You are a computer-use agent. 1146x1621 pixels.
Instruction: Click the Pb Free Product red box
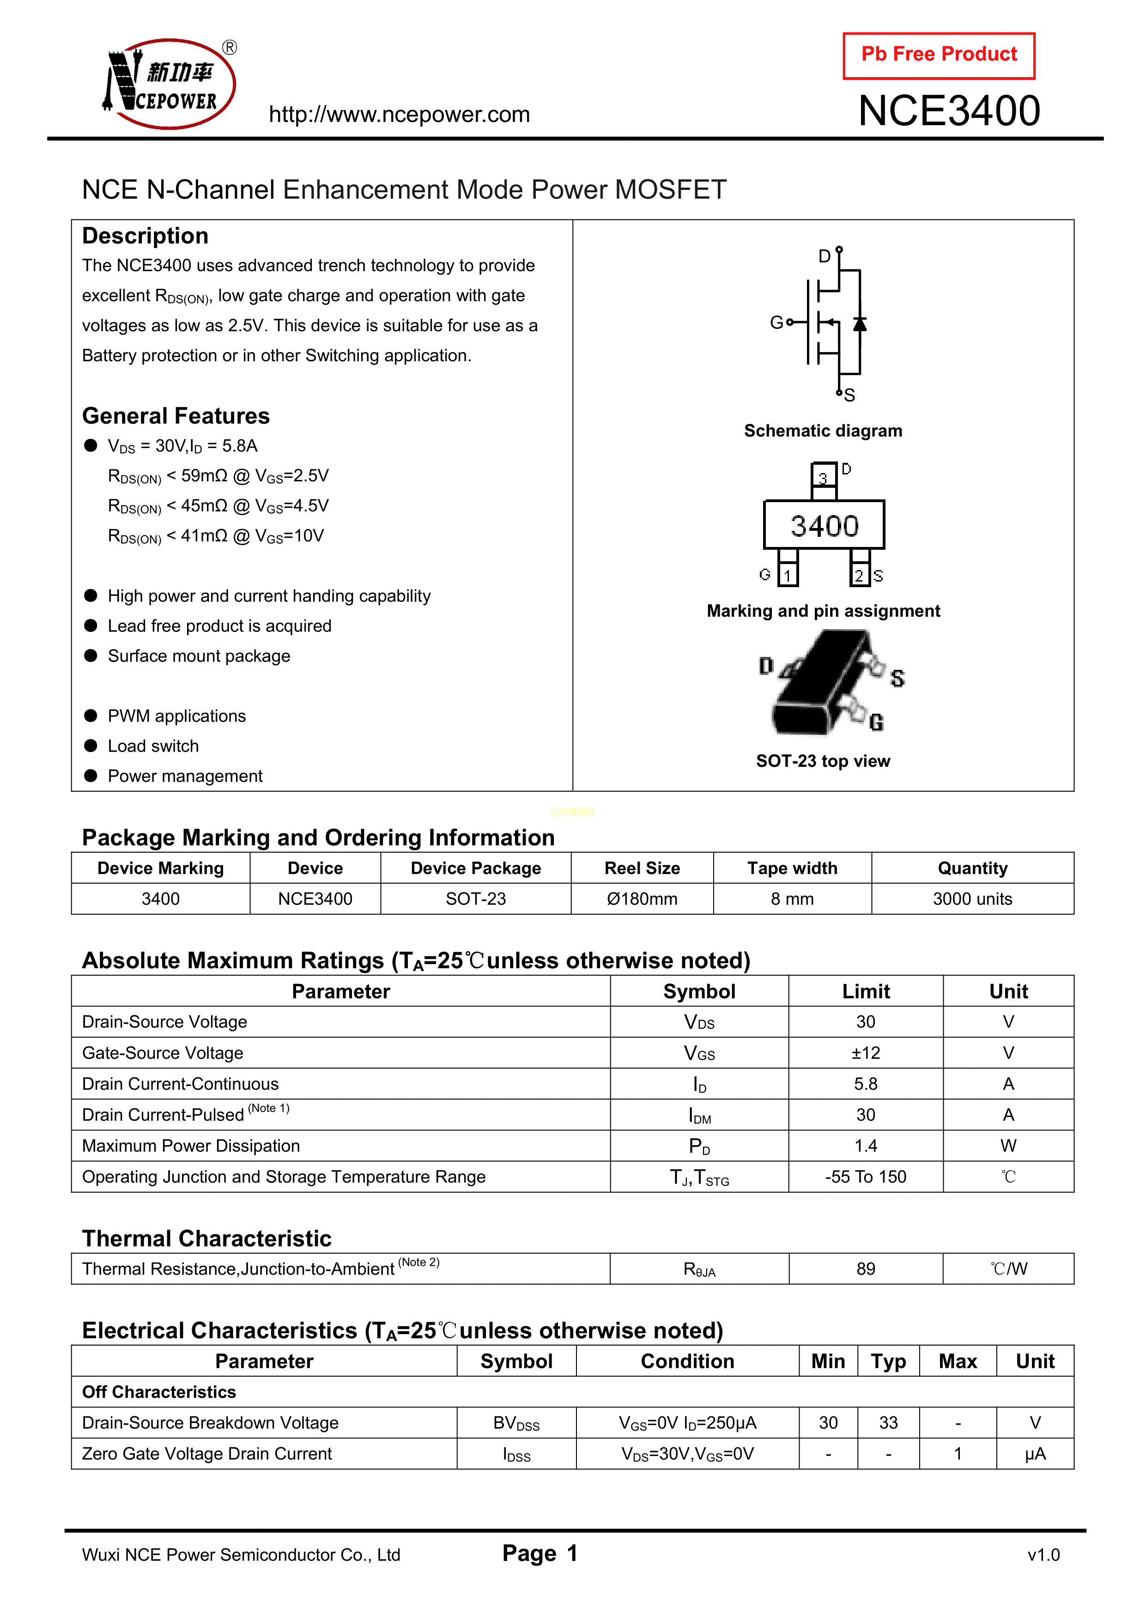[939, 55]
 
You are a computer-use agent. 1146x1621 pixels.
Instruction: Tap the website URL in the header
[399, 115]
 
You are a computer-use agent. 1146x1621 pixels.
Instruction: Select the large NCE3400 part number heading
[949, 111]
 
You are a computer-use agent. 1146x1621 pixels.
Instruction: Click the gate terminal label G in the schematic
[776, 322]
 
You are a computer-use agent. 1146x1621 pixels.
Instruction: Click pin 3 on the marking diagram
[823, 477]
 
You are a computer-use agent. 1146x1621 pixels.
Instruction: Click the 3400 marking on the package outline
[824, 526]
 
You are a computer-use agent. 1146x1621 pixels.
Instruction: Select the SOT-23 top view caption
[823, 761]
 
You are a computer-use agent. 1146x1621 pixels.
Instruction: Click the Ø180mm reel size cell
[642, 899]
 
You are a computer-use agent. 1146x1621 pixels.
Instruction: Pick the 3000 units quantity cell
[972, 899]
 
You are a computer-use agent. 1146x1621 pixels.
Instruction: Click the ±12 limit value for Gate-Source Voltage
[866, 1053]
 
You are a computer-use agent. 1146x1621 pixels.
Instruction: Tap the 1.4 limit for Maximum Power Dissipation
[866, 1146]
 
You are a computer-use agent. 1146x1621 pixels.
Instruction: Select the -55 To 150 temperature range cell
[866, 1177]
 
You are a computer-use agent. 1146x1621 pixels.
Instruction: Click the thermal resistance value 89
[866, 1269]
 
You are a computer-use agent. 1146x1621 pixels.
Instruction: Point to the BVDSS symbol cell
[516, 1423]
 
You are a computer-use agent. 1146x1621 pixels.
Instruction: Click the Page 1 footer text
[540, 1553]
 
